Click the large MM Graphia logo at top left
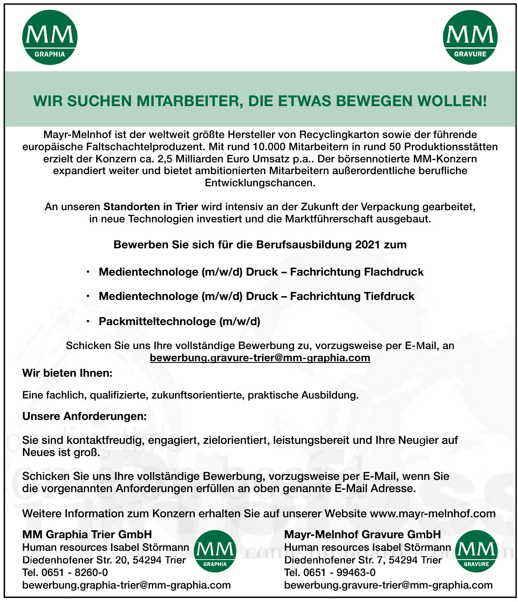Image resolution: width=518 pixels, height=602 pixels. [50, 38]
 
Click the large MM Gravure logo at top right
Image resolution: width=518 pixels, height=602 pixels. [470, 38]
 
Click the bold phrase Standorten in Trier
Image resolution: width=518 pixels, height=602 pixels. [151, 207]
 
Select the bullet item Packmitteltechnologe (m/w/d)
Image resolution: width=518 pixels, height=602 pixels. [179, 322]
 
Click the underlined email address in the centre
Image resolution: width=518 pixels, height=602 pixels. [260, 358]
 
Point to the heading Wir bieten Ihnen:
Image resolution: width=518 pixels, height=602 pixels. [67, 373]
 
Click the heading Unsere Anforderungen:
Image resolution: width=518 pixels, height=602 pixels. [84, 417]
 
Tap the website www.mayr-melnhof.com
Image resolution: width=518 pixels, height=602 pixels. [432, 513]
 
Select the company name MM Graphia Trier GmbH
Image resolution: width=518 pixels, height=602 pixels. [87, 534]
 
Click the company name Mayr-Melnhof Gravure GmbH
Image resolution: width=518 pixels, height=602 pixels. [362, 534]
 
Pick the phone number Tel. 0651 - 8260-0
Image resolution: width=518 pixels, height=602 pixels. [65, 573]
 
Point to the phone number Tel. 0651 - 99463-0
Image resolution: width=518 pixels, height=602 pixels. [330, 573]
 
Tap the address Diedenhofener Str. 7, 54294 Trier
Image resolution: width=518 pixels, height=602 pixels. [363, 560]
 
